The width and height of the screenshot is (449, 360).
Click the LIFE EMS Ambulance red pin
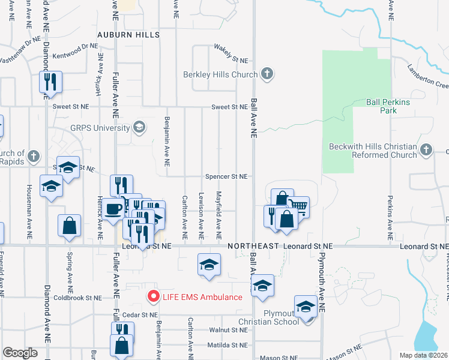coord(154,296)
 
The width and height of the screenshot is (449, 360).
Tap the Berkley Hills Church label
coord(221,74)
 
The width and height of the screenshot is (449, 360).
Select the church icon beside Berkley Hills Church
coord(268,74)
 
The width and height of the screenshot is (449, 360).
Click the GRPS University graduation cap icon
coord(139,127)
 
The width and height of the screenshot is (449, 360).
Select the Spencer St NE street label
coord(226,176)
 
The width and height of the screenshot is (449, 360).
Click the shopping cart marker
coord(298,207)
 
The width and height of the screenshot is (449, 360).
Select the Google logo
coord(20,352)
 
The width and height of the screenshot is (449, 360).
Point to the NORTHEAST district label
coord(252,246)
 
